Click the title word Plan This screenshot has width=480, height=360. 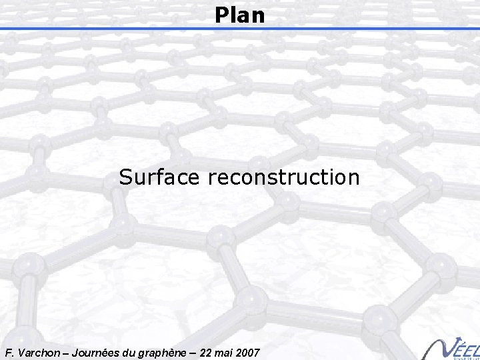(x=240, y=15)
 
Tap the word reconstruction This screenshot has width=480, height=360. (x=284, y=177)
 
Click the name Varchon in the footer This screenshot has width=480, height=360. (x=36, y=351)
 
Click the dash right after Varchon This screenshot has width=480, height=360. (x=64, y=351)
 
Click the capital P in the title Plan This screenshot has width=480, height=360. (x=221, y=15)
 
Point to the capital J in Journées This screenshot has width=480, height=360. (x=75, y=351)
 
